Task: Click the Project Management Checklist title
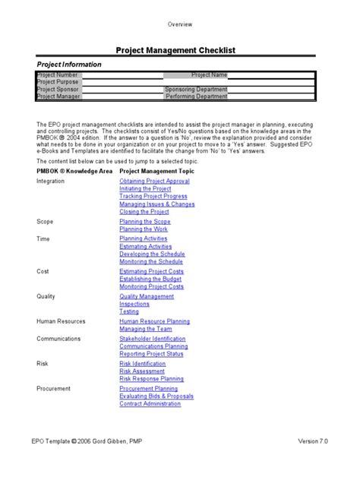pyautogui.click(x=175, y=50)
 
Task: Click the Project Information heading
pyautogui.click(x=69, y=65)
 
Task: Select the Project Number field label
pyautogui.click(x=58, y=75)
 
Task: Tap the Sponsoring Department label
pyautogui.click(x=196, y=90)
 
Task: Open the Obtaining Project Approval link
pyautogui.click(x=154, y=182)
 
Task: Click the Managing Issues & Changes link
pyautogui.click(x=157, y=204)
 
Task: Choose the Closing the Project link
pyautogui.click(x=145, y=212)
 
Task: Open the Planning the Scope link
pyautogui.click(x=145, y=222)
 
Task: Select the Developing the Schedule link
pyautogui.click(x=151, y=254)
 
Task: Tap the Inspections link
pyautogui.click(x=134, y=304)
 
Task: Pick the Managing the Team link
pyautogui.click(x=145, y=329)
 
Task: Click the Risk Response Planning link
pyautogui.click(x=151, y=378)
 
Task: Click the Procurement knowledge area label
pyautogui.click(x=54, y=388)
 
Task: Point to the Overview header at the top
pyautogui.click(x=180, y=24)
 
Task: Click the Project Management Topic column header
pyautogui.click(x=157, y=172)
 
